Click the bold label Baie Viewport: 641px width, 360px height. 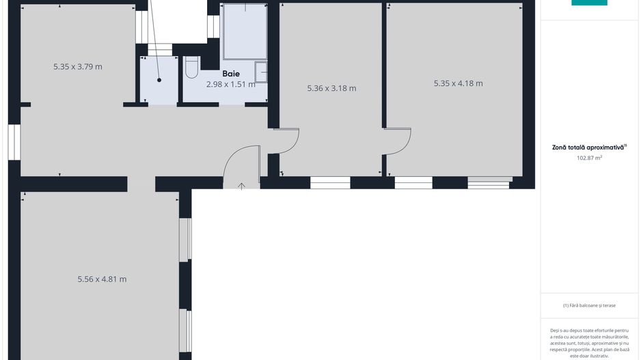(x=230, y=73)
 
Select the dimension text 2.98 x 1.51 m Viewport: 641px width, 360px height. (x=230, y=85)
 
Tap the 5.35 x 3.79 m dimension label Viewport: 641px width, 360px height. (x=78, y=67)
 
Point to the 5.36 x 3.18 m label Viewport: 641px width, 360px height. (x=331, y=88)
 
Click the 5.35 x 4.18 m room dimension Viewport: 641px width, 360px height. (x=458, y=83)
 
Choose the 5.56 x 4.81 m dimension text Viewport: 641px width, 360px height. (x=102, y=279)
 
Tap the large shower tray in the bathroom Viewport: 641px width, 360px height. (x=244, y=32)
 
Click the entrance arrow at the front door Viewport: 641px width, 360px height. (x=241, y=186)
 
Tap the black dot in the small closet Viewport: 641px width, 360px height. (x=159, y=80)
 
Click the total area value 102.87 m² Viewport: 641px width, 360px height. (x=589, y=158)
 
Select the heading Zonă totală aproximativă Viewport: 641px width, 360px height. (x=589, y=147)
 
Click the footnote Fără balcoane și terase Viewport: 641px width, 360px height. (x=589, y=305)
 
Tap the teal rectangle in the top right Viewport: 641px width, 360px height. (x=589, y=3)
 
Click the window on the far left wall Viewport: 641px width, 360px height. (x=14, y=141)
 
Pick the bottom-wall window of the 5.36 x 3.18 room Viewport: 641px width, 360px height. (x=330, y=182)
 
